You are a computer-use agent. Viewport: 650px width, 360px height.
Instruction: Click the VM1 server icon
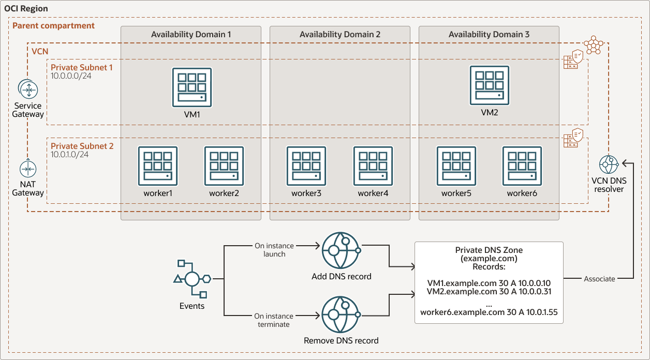tap(191, 87)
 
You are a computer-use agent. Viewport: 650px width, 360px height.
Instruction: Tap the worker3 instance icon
tap(306, 166)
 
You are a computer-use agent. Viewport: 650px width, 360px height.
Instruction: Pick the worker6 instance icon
tap(522, 166)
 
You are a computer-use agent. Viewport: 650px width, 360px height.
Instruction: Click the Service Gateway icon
tap(28, 89)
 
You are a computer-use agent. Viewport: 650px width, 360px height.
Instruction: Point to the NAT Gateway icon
tap(28, 169)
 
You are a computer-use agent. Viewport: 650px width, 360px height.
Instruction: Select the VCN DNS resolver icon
tap(608, 164)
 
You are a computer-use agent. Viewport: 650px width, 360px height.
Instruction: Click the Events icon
tap(191, 280)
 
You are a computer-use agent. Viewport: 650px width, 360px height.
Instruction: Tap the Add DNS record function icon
tap(341, 251)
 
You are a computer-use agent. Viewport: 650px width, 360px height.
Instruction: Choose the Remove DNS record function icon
tap(341, 315)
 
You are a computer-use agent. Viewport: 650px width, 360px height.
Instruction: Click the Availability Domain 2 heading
tap(340, 35)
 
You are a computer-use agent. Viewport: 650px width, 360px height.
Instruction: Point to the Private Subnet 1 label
tap(82, 67)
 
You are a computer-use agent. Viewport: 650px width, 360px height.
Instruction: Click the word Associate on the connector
tap(599, 279)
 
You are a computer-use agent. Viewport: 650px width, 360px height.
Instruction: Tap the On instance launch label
tap(274, 250)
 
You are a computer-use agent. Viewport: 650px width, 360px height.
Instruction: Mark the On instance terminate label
tap(274, 320)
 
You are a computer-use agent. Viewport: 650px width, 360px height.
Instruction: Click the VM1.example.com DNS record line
tap(489, 283)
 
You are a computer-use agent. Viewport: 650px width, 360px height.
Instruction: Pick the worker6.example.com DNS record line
tap(489, 312)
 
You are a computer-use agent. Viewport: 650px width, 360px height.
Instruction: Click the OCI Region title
tap(26, 9)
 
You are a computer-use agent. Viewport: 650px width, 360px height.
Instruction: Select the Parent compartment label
tap(53, 25)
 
